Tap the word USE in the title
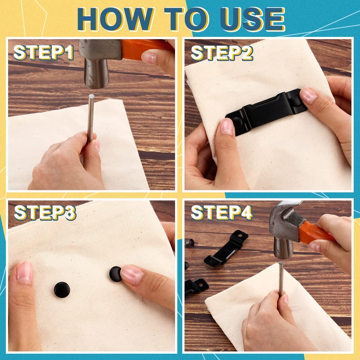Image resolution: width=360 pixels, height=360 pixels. [252, 19]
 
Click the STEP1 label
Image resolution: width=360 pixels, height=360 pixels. [43, 53]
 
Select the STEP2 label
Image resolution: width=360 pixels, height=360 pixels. [222, 53]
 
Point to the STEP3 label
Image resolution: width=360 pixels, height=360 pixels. [45, 212]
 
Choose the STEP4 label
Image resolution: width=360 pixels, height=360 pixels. [222, 212]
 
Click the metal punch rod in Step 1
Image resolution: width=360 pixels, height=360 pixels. [91, 118]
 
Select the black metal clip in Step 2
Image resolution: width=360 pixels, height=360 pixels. [266, 112]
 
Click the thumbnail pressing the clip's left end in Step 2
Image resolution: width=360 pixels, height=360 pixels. [227, 126]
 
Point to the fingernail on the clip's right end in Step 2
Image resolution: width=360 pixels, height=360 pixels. [309, 96]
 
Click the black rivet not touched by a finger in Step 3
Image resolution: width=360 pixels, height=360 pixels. [62, 290]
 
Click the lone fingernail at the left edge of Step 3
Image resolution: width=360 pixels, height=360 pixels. [24, 272]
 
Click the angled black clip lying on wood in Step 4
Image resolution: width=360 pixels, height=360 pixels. [226, 249]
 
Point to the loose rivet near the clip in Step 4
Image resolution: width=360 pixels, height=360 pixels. [190, 241]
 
